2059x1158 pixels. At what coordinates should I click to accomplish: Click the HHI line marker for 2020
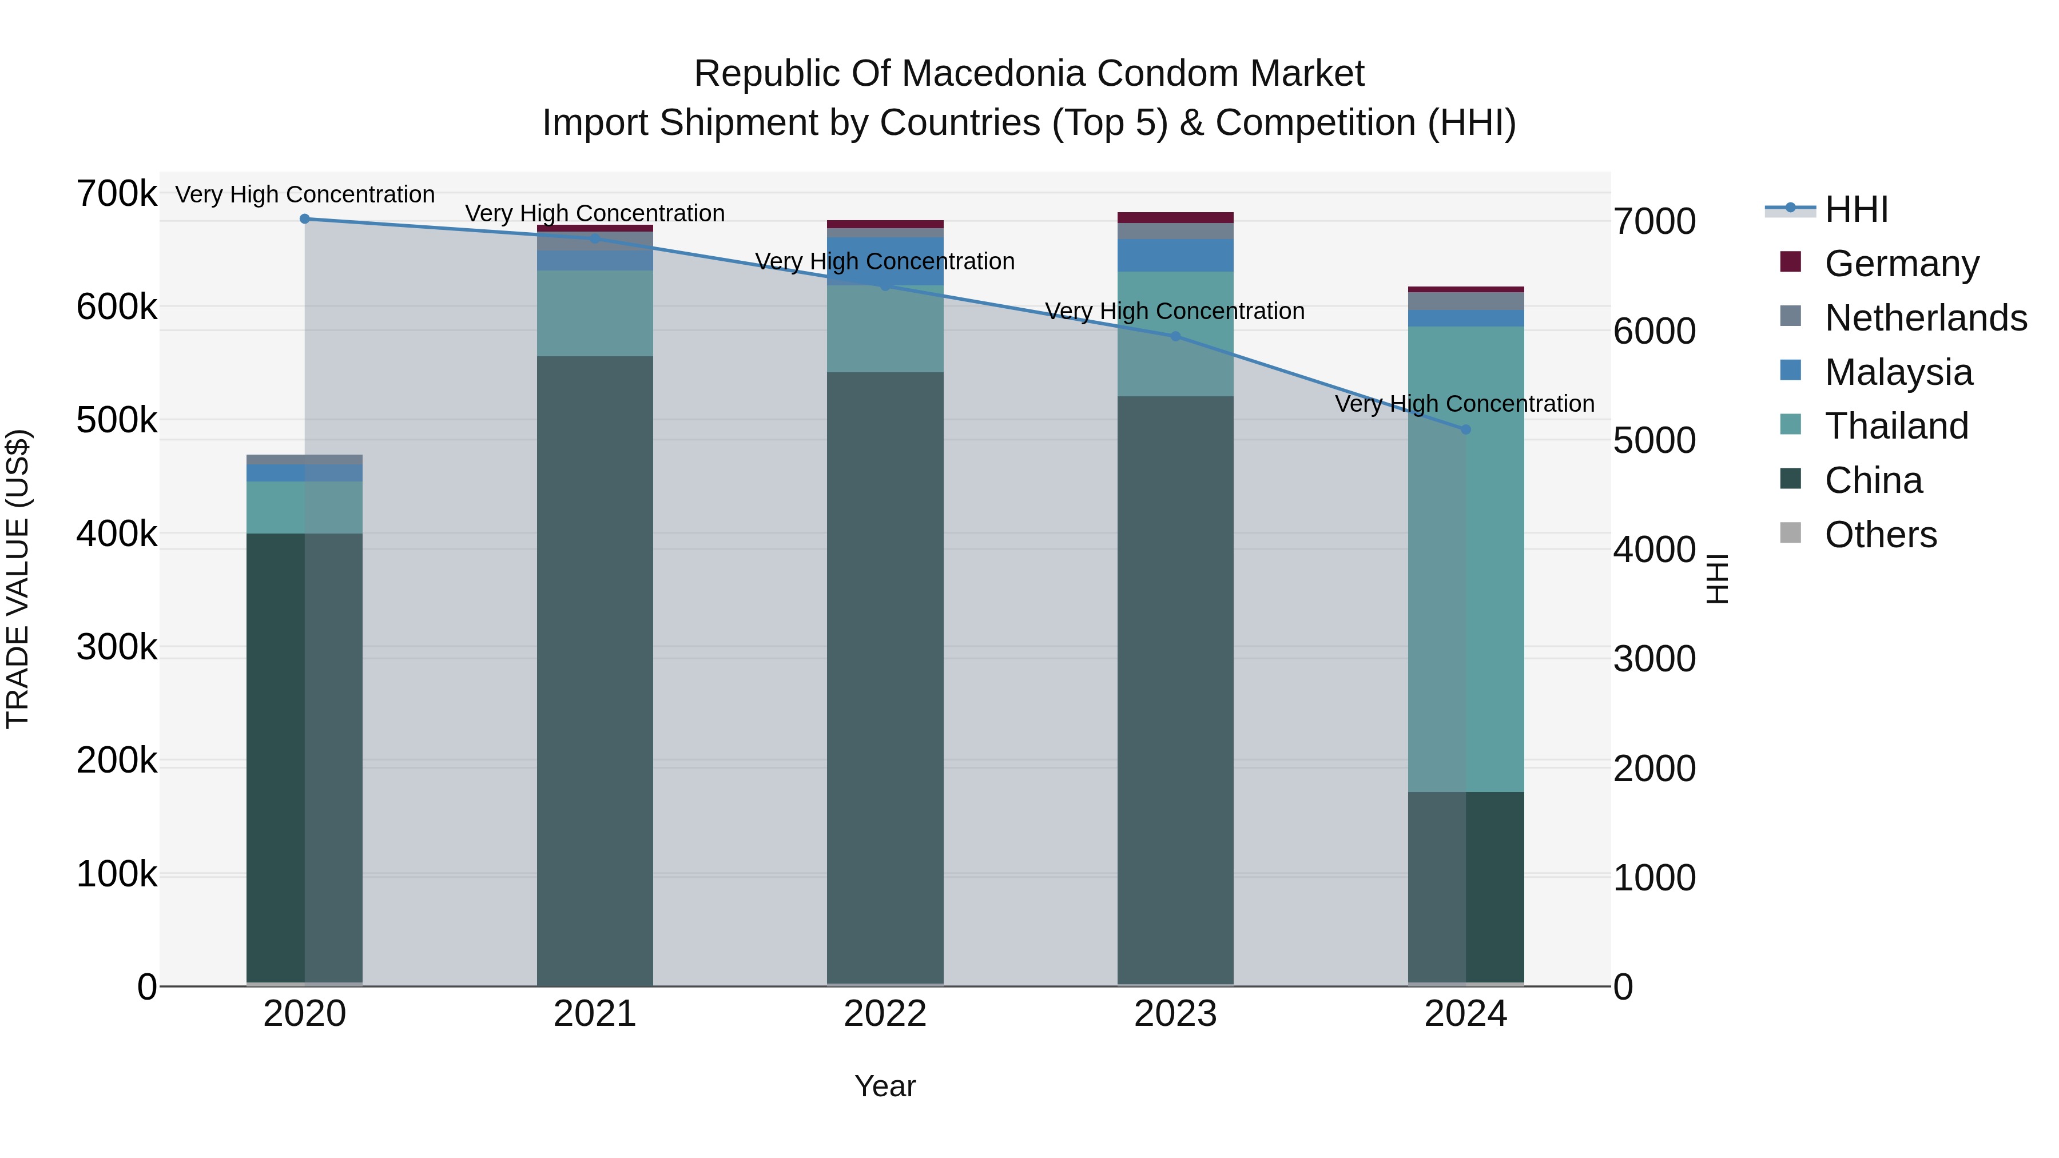pyautogui.click(x=304, y=219)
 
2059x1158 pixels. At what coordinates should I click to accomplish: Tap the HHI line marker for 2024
pyautogui.click(x=1465, y=429)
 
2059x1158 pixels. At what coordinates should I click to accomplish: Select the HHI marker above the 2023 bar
pyautogui.click(x=1175, y=336)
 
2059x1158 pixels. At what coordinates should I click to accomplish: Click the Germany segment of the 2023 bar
pyautogui.click(x=1175, y=217)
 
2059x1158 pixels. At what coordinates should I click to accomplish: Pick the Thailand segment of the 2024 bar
pyautogui.click(x=1465, y=559)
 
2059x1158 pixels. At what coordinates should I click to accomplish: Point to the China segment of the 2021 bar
pyautogui.click(x=595, y=671)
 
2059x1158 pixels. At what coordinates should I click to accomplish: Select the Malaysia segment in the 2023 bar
pyautogui.click(x=1175, y=255)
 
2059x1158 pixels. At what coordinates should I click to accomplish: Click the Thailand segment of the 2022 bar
pyautogui.click(x=885, y=328)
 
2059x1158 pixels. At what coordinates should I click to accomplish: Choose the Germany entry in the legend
pyautogui.click(x=1902, y=264)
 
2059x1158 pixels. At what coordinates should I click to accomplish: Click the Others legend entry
pyautogui.click(x=1880, y=535)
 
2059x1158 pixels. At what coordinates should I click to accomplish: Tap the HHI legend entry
pyautogui.click(x=1856, y=209)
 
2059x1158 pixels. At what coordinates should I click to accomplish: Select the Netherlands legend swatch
pyautogui.click(x=1790, y=316)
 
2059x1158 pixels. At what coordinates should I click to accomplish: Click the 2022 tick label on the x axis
pyautogui.click(x=885, y=1014)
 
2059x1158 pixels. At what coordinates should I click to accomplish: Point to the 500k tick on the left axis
pyautogui.click(x=117, y=420)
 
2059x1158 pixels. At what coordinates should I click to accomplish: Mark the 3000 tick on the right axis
pyautogui.click(x=1653, y=659)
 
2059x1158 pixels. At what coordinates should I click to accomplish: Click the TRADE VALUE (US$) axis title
pyautogui.click(x=18, y=579)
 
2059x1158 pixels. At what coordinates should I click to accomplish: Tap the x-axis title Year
pyautogui.click(x=885, y=1086)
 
